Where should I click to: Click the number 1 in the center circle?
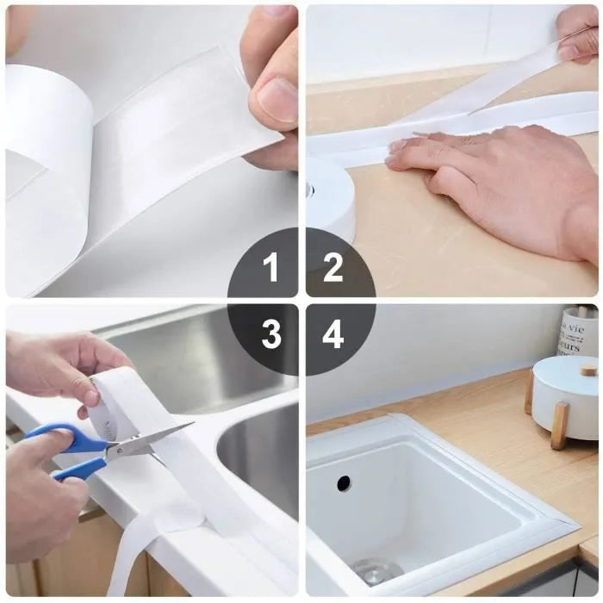271,268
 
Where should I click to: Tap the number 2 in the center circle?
333,268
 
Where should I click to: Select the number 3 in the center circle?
271,334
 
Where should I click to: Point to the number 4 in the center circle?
333,334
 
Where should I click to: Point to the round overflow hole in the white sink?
344,483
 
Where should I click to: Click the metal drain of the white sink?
376,570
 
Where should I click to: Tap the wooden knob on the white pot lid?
588,370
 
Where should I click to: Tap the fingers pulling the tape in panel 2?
577,34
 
